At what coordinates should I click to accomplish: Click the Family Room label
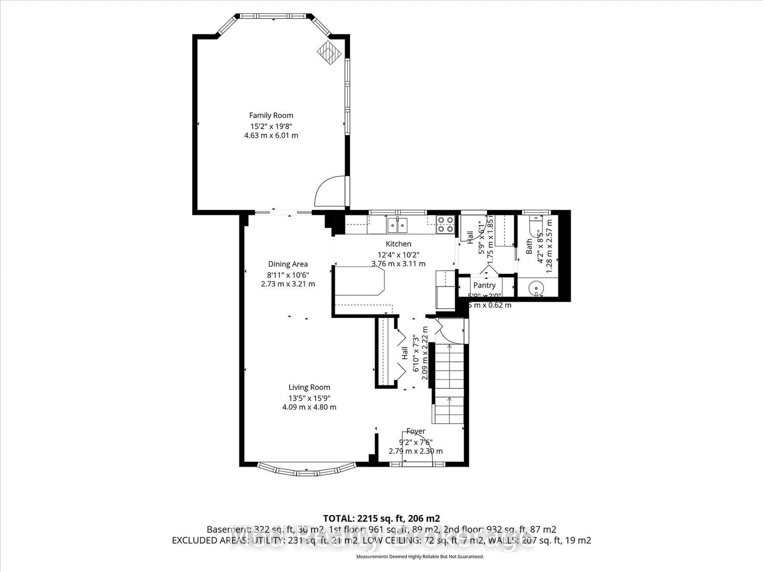(271, 115)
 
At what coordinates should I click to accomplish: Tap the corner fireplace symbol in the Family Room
(330, 51)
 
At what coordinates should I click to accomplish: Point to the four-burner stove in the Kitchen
(445, 224)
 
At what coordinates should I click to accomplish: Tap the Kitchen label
(398, 244)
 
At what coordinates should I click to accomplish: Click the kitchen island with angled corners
(359, 281)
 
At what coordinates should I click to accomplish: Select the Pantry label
(484, 285)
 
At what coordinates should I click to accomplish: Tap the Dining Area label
(288, 264)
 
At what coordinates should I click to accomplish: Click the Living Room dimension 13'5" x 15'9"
(309, 398)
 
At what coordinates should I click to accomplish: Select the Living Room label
(309, 388)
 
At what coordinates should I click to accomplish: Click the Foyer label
(415, 431)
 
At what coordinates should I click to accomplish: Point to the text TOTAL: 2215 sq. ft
(381, 518)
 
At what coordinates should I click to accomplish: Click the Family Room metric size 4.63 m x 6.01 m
(271, 135)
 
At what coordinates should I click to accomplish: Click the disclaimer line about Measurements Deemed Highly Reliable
(420, 556)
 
